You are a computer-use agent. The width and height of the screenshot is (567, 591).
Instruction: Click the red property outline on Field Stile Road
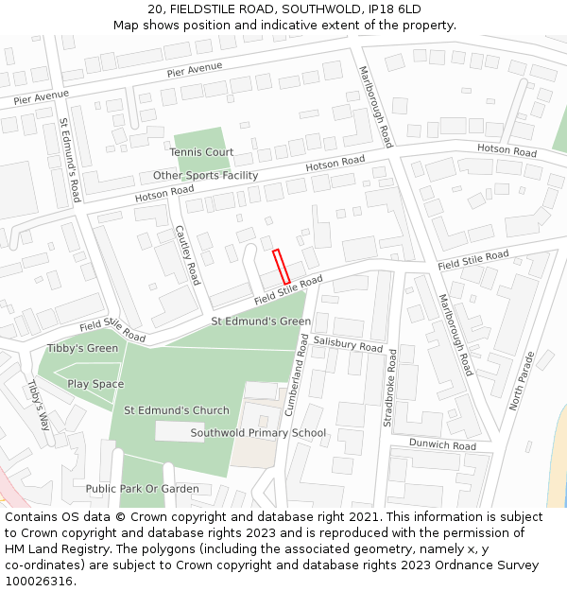281,267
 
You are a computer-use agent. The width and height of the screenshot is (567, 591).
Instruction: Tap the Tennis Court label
201,152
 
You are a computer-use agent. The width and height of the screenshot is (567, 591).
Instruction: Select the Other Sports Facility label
205,176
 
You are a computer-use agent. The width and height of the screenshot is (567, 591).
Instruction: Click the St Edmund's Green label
261,322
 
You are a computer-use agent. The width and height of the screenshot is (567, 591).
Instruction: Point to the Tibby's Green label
83,349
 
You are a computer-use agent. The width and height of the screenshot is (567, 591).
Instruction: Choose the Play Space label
95,384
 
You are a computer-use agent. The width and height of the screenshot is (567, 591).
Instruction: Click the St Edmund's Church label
177,410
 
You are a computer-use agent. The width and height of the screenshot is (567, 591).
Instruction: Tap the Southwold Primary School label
258,433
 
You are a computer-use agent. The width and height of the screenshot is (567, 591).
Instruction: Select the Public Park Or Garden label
142,489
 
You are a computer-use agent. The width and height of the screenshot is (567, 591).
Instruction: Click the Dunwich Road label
443,444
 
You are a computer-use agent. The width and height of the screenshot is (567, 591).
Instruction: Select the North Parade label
522,381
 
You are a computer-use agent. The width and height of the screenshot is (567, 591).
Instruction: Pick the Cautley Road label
188,255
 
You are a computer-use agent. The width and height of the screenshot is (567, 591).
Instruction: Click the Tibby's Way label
37,405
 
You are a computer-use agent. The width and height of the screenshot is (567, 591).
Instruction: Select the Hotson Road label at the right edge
507,150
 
